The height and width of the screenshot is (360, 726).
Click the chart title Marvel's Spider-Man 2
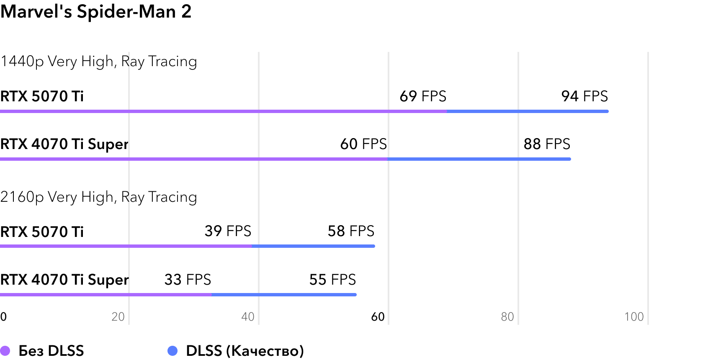point(96,11)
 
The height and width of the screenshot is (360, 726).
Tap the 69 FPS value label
point(423,96)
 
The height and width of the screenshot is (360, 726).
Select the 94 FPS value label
point(584,96)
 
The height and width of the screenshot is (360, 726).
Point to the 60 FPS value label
point(363,144)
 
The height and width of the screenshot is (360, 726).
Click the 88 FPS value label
point(547,144)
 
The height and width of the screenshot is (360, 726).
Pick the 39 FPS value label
point(228,231)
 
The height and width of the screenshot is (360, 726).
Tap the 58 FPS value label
point(351,231)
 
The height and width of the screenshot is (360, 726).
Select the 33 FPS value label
point(188,280)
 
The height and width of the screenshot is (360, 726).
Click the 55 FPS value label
point(332,280)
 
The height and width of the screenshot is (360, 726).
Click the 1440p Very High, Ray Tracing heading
point(99,62)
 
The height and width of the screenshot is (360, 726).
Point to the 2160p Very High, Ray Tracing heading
point(99,197)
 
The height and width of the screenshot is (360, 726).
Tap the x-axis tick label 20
point(118,317)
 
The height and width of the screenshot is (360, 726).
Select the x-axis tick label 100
point(634,317)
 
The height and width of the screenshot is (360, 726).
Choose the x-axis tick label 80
point(507,317)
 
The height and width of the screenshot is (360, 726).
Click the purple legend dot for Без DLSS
point(5,351)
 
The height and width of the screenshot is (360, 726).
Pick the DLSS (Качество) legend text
point(245,351)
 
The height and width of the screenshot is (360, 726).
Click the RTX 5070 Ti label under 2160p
point(42,232)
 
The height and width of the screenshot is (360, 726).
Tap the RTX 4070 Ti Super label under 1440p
point(64,144)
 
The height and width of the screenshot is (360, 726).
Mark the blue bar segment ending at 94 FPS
point(528,111)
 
